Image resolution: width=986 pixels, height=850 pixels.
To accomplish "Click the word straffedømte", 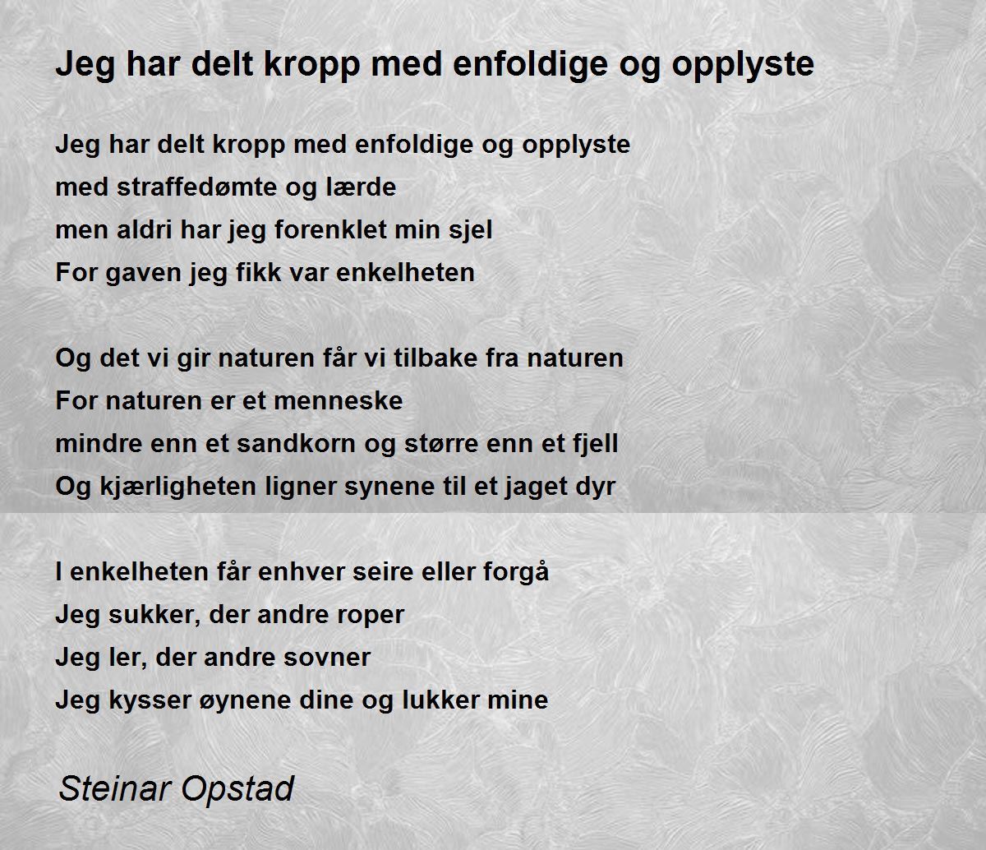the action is click(x=197, y=187).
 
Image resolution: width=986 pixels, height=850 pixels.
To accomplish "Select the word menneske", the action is click(x=339, y=401).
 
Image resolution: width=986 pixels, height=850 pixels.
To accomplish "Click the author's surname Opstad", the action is click(x=237, y=789).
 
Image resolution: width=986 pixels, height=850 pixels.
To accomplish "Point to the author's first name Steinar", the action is click(x=114, y=788).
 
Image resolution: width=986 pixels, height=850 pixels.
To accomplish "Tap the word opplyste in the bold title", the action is click(x=743, y=65).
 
